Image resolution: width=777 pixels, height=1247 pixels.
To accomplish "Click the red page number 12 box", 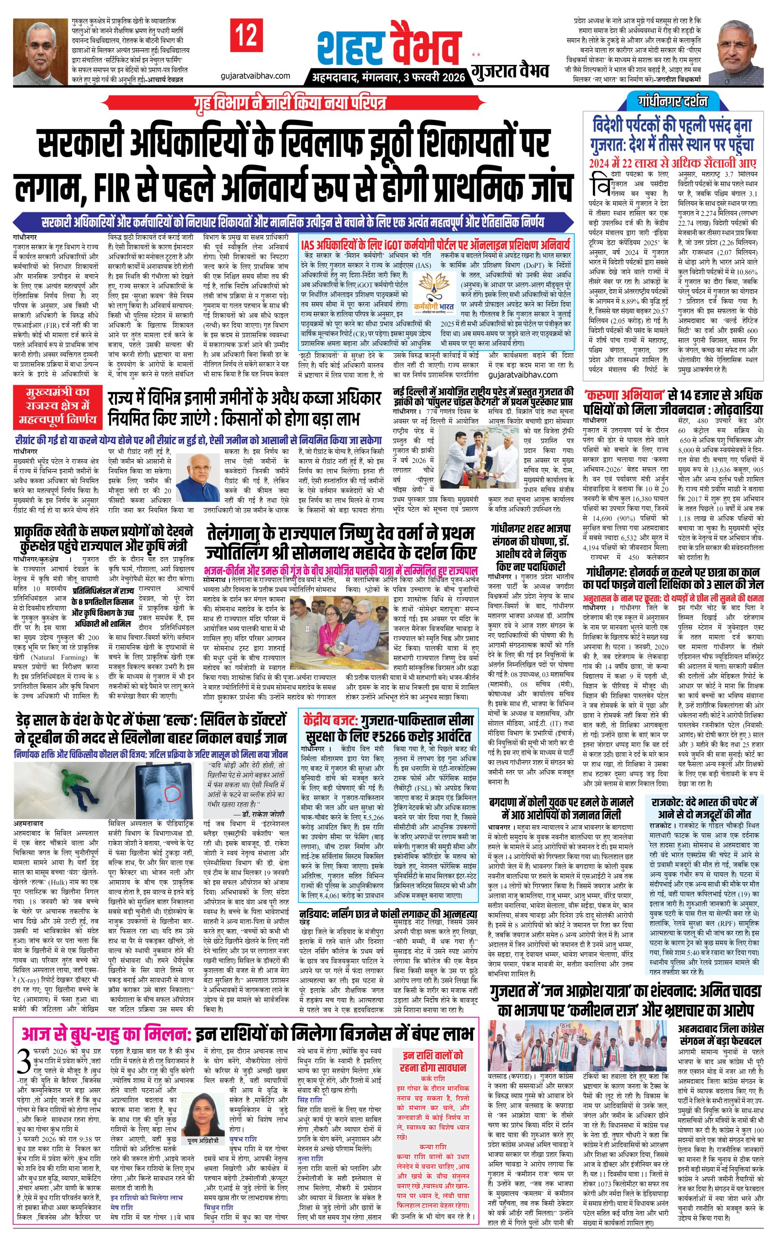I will coord(246,36).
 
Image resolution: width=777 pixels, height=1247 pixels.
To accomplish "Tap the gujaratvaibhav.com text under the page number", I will coord(255,76).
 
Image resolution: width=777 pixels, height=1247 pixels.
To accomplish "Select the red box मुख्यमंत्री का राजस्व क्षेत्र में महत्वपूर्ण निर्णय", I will coord(57,405).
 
